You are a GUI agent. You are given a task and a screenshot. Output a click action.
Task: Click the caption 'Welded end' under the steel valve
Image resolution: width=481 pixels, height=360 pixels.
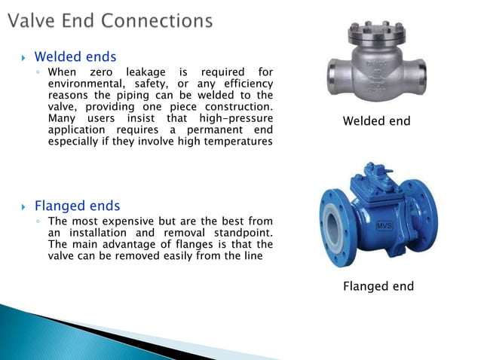pyautogui.click(x=376, y=121)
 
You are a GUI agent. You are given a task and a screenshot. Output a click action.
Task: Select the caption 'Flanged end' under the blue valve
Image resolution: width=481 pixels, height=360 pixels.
pyautogui.click(x=378, y=286)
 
